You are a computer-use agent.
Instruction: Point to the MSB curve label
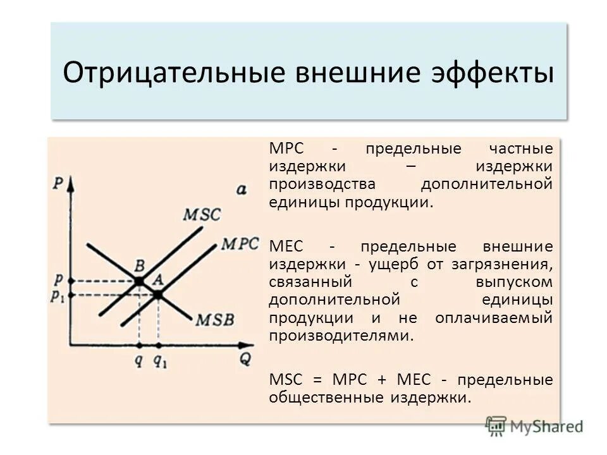214,320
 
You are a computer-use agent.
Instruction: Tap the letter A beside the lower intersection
158,278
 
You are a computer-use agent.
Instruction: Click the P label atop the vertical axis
59,184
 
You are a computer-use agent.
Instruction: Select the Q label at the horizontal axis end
245,359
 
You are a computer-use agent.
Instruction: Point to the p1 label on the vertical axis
58,296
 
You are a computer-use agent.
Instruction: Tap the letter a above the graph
241,188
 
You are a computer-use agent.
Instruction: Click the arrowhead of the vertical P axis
71,185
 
